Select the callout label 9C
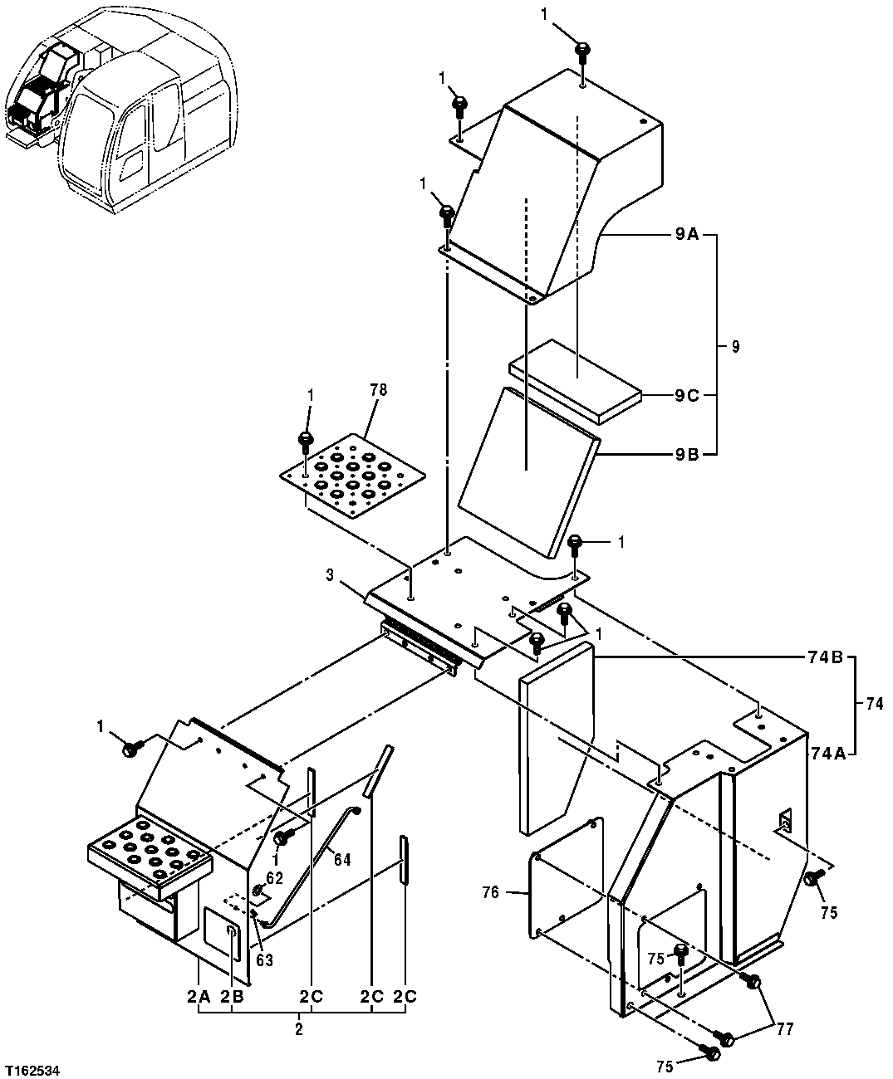click(686, 396)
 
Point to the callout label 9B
click(686, 454)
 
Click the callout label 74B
click(826, 657)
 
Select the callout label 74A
click(827, 753)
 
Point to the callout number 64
click(341, 860)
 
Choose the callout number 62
click(275, 876)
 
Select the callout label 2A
click(199, 998)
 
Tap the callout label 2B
click(233, 998)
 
